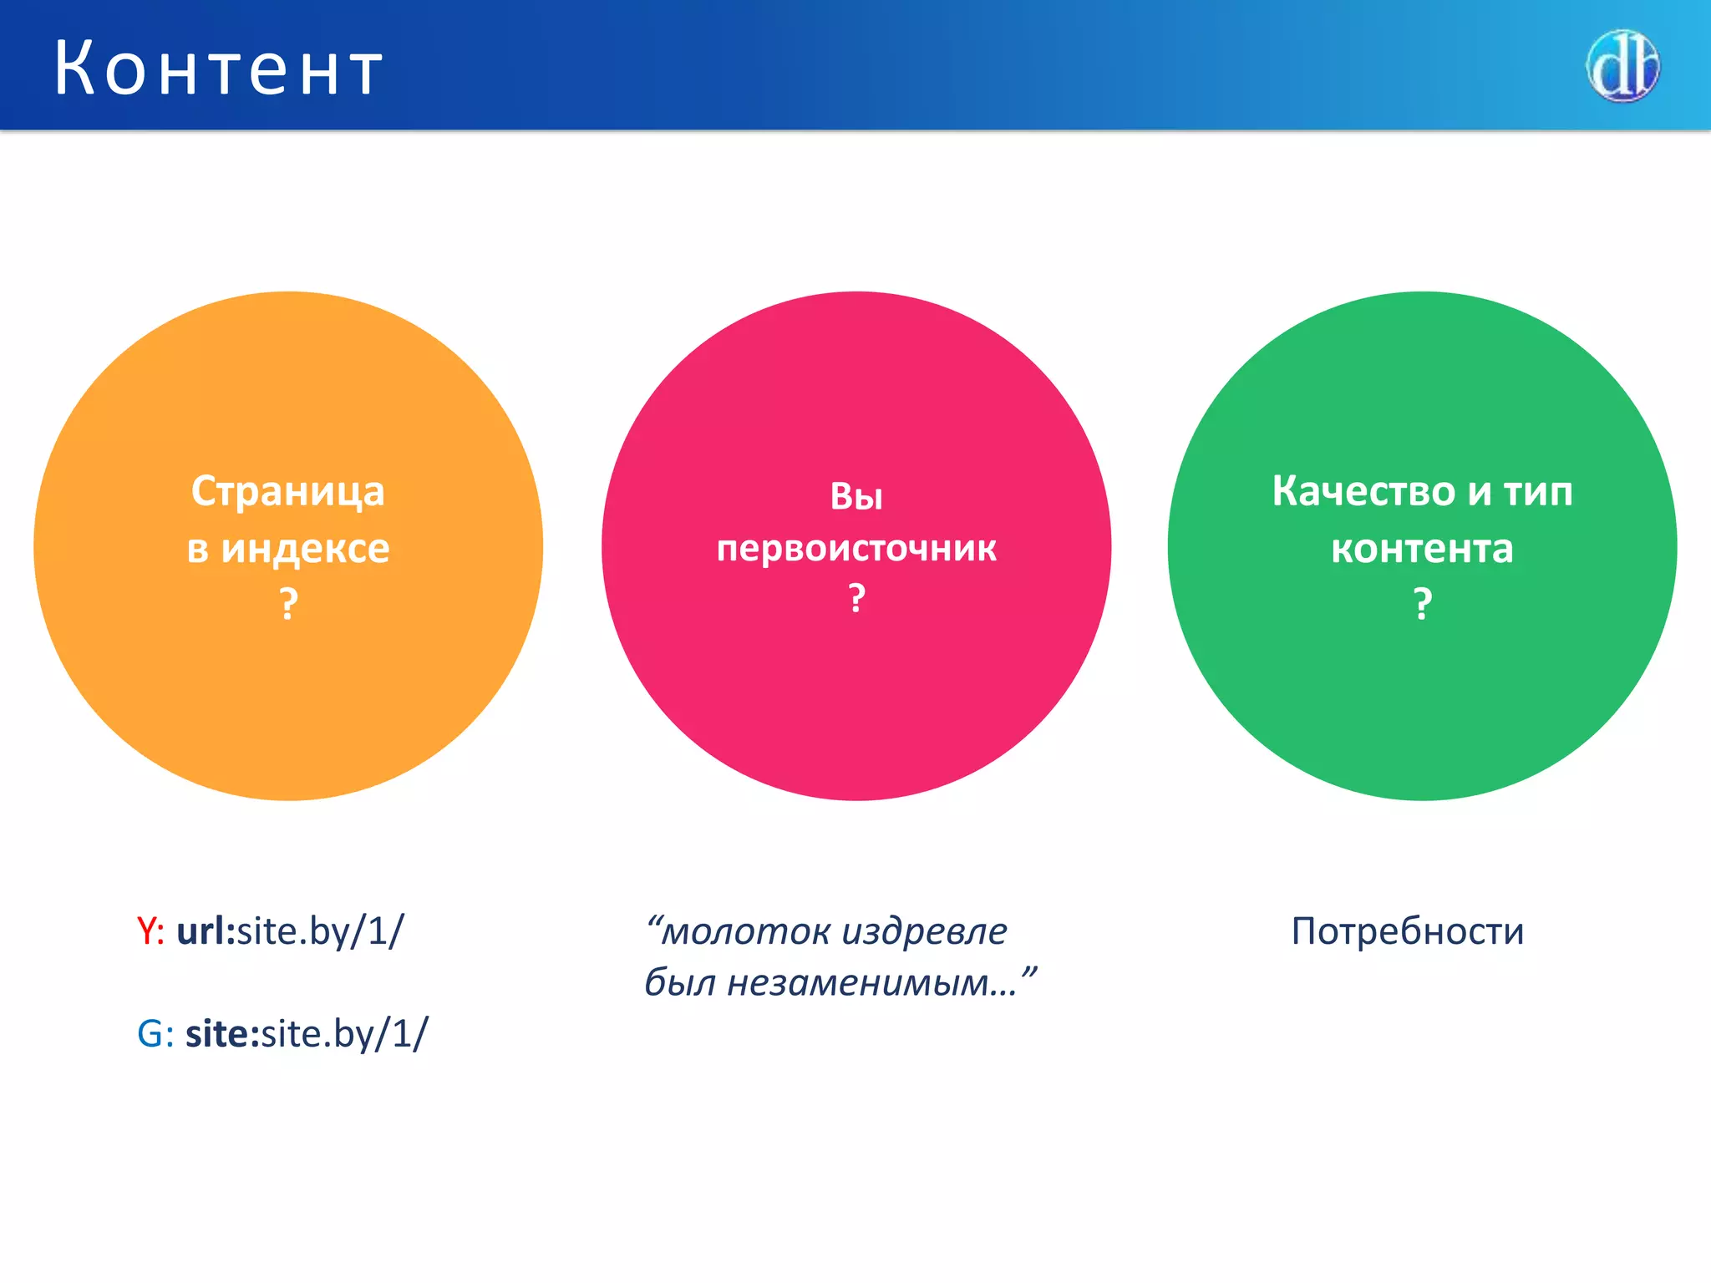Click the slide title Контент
coord(219,68)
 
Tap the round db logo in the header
coord(1622,66)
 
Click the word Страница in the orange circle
coord(287,491)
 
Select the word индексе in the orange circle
coord(305,549)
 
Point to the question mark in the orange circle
coord(288,603)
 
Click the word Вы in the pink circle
coord(855,496)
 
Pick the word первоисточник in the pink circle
coord(855,549)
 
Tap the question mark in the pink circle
coord(855,599)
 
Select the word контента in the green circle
coord(1422,549)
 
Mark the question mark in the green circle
coord(1422,603)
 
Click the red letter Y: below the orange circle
coord(150,931)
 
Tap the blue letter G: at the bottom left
coord(155,1034)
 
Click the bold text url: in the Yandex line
coord(206,931)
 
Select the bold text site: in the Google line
coord(222,1034)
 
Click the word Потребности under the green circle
coord(1408,931)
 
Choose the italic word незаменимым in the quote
coord(869,982)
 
